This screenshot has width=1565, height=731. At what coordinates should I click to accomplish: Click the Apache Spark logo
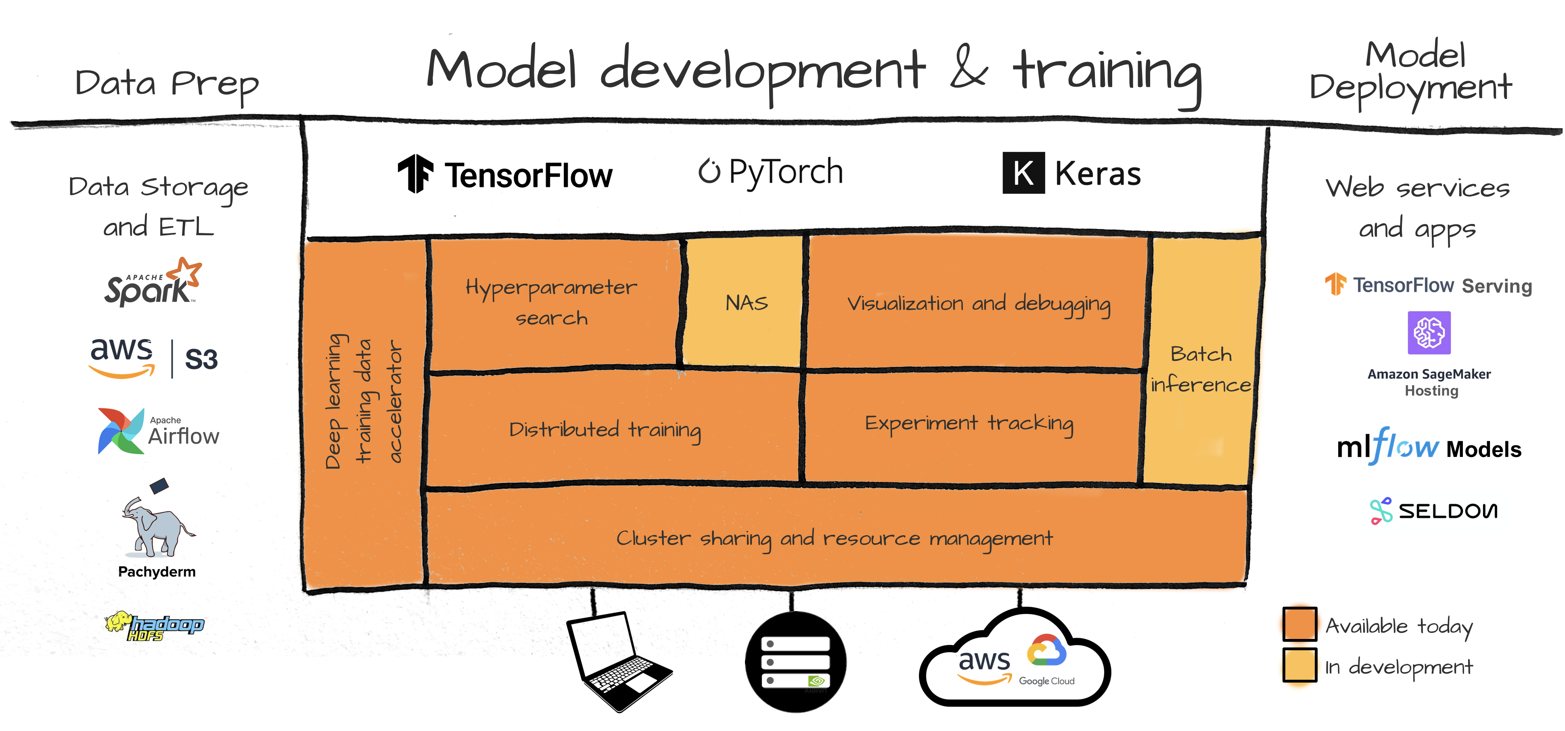pos(152,282)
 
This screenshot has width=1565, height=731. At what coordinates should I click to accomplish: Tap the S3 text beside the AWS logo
pos(201,359)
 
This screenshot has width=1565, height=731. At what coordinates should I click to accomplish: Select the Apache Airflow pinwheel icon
pos(120,431)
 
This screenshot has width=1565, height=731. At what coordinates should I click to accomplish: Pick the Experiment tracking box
pos(970,423)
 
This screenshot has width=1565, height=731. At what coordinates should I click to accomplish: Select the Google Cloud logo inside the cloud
pos(1046,659)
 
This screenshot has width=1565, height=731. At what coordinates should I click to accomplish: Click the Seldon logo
pos(1434,511)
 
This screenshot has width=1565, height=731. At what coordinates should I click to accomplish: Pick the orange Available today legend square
pos(1299,624)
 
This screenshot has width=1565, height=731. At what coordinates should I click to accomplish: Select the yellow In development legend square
pos(1299,665)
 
